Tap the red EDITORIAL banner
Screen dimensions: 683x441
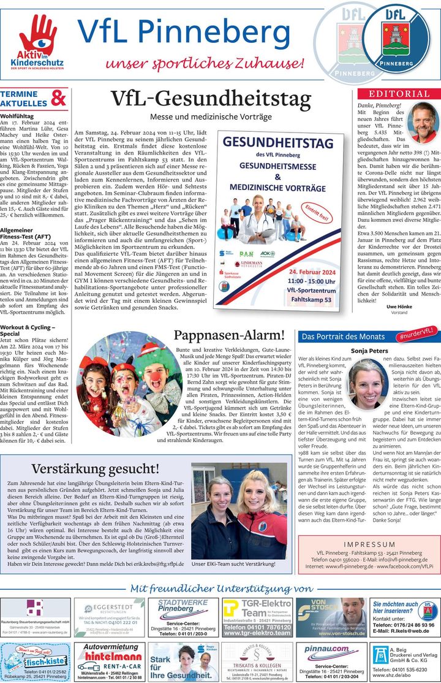pos(399,94)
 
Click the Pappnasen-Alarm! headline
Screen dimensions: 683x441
pos(230,335)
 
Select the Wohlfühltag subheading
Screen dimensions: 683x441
pos(17,115)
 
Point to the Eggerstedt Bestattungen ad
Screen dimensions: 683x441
pos(111,617)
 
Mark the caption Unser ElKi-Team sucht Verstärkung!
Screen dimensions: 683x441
pos(233,563)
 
